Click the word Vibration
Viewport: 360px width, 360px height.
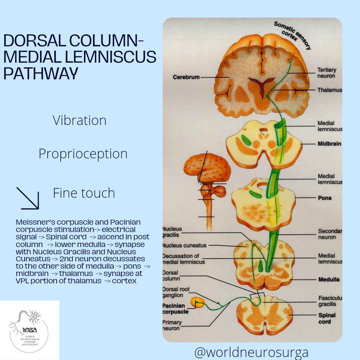coord(79,120)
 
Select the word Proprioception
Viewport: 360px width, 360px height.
coord(83,154)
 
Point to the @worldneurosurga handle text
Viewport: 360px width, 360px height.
coord(251,352)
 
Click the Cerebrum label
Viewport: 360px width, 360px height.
coord(186,77)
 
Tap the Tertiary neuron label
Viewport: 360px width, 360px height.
coord(326,73)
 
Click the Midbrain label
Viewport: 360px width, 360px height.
coord(329,144)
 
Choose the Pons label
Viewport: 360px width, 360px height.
coord(324,198)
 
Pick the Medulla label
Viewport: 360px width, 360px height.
coord(329,279)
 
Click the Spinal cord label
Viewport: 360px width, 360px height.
coord(327,318)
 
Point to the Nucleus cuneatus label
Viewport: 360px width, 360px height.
coord(184,246)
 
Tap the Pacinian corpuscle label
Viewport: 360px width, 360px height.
coord(175,309)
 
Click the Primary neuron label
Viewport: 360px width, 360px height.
coord(172,325)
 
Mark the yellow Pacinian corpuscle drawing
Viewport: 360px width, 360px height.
coord(197,303)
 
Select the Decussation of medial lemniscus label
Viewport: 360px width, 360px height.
coord(183,259)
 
